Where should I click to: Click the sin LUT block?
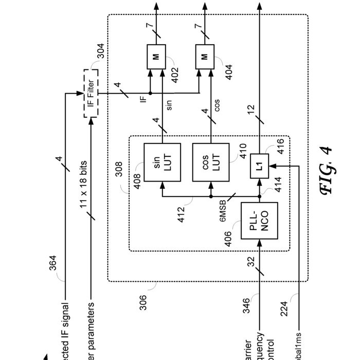pos(162,161)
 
